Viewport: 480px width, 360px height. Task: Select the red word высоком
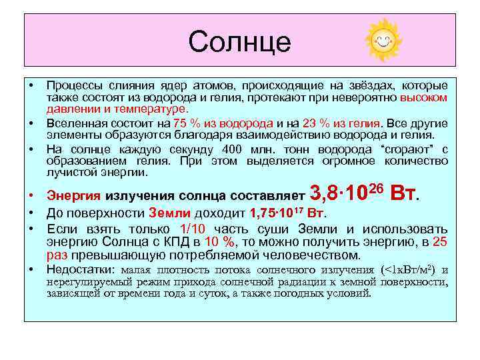(424, 97)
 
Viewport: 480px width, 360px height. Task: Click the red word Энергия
(73, 196)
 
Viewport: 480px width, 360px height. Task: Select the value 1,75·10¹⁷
(277, 214)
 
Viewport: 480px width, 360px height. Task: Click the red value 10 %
(218, 243)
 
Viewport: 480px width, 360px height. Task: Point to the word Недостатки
(80, 270)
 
